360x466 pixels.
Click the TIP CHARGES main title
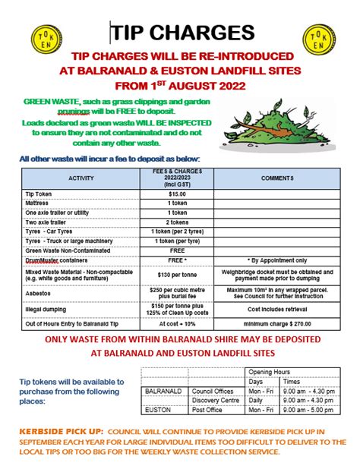pos(182,32)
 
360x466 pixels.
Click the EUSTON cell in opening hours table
pos(156,410)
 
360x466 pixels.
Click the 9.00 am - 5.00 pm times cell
pos(308,410)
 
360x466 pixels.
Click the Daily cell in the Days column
pos(257,400)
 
